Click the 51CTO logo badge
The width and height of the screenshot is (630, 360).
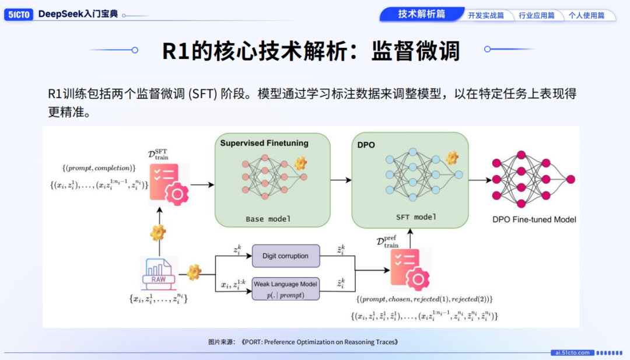pos(19,15)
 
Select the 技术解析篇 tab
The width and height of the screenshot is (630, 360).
pos(422,14)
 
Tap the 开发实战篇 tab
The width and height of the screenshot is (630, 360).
pos(486,16)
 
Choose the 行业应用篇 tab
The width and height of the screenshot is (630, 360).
pos(537,16)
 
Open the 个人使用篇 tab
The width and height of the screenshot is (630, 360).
pos(587,16)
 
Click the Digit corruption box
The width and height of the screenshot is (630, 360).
pos(286,256)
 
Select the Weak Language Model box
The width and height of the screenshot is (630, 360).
pos(286,289)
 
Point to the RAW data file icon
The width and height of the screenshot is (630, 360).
pos(158,273)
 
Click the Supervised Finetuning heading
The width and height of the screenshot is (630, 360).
pos(264,143)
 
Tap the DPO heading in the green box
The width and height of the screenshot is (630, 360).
pos(366,145)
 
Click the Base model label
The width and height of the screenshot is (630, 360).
pos(268,219)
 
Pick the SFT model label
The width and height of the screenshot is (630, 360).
pos(416,217)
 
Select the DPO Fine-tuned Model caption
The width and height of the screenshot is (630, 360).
pos(534,219)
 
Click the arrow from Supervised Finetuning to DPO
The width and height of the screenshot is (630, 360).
pos(341,180)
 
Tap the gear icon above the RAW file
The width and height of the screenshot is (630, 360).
pos(158,233)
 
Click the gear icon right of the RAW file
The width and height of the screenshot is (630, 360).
pos(194,272)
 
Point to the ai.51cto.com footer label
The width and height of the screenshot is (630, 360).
pos(573,353)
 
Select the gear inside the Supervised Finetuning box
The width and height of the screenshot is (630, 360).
pos(300,163)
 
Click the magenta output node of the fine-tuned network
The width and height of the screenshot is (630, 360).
pos(570,179)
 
